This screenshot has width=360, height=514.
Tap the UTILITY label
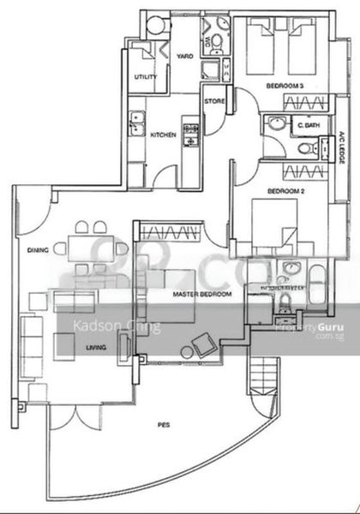click(145, 78)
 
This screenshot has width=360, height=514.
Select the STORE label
click(215, 102)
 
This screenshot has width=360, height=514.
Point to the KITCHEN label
click(164, 134)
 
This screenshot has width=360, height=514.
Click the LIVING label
click(96, 347)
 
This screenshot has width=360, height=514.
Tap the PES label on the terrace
click(162, 424)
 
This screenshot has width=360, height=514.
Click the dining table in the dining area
click(93, 250)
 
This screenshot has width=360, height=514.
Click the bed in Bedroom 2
click(273, 226)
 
